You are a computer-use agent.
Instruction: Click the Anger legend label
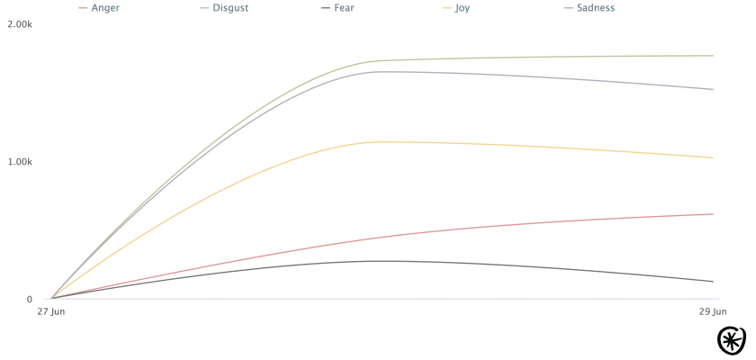(x=105, y=8)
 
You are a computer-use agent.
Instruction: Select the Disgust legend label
(x=230, y=8)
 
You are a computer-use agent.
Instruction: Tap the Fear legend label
(x=343, y=8)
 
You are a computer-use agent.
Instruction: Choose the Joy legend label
(x=462, y=8)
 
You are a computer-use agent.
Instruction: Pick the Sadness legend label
(x=595, y=8)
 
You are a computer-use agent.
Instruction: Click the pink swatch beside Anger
(x=84, y=8)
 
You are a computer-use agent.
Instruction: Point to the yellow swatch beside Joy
(x=447, y=8)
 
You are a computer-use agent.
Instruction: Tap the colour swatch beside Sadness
(x=568, y=8)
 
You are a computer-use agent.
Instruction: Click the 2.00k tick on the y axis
(x=20, y=23)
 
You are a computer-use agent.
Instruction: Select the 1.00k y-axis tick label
(x=20, y=161)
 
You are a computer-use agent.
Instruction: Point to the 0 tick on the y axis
(x=29, y=299)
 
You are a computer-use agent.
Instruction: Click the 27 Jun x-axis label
(x=50, y=312)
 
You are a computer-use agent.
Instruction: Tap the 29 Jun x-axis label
(x=713, y=312)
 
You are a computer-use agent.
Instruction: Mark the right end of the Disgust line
(x=713, y=56)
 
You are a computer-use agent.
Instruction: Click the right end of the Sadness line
(x=713, y=90)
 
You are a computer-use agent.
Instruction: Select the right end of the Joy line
(x=713, y=158)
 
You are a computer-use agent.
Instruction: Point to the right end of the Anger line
(x=713, y=214)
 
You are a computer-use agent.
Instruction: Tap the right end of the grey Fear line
(x=713, y=282)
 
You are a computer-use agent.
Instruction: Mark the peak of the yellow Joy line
(x=385, y=141)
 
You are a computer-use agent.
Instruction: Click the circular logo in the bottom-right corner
(x=734, y=340)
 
